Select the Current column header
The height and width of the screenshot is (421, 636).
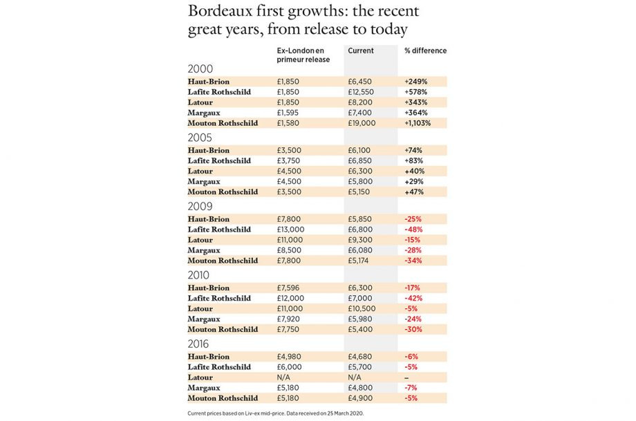tap(361, 50)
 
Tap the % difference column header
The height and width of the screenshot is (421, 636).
tap(425, 50)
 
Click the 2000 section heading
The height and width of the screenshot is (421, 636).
tap(200, 68)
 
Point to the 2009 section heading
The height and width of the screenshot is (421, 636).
tap(200, 206)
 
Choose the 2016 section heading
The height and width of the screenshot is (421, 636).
tap(198, 344)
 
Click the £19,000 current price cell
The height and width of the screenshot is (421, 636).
tap(362, 123)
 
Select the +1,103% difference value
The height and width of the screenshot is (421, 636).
tap(418, 123)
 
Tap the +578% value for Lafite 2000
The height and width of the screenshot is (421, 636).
tap(415, 92)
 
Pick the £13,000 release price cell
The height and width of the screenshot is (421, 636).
tap(290, 230)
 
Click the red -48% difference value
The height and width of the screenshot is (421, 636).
tap(413, 230)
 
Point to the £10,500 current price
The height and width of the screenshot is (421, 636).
tap(362, 308)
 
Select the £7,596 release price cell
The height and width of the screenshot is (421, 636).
tap(288, 288)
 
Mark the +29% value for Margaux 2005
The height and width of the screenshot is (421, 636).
tap(413, 182)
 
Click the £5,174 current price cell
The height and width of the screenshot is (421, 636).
tap(358, 261)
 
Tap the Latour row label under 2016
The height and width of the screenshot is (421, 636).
tap(200, 377)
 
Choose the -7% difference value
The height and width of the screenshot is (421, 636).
tap(411, 388)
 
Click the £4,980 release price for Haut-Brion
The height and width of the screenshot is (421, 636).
tap(289, 357)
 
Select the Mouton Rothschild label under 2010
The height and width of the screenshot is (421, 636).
tap(223, 329)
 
